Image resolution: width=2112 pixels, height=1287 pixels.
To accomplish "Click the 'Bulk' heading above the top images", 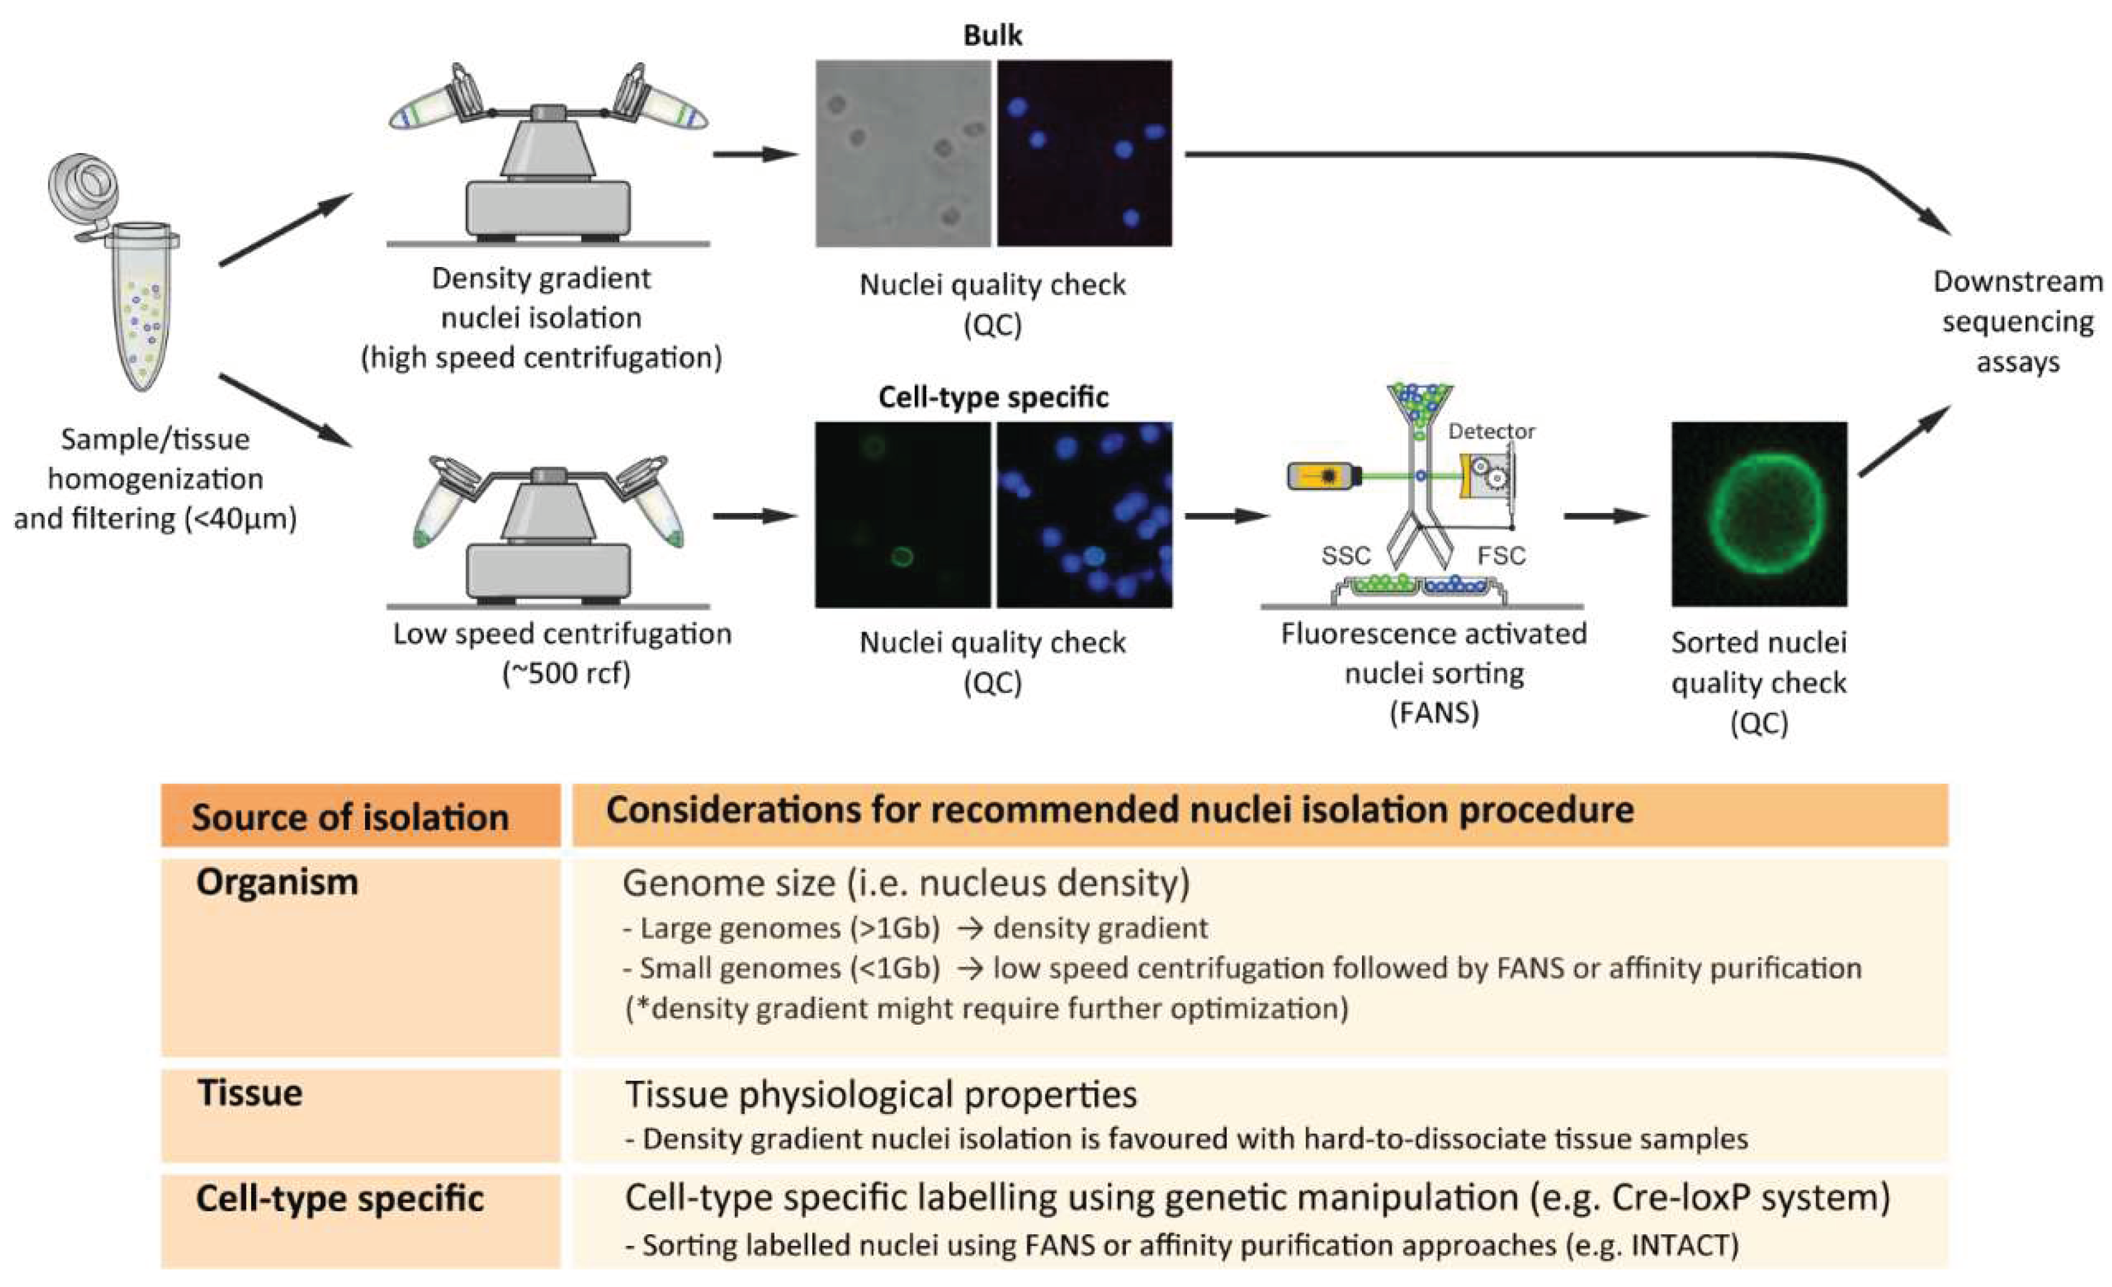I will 993,35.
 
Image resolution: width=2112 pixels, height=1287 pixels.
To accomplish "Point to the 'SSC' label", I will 1346,555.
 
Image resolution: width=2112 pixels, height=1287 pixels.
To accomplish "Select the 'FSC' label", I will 1501,555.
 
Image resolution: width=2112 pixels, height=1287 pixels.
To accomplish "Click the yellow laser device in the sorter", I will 1324,475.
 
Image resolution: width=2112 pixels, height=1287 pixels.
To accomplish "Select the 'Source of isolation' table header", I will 350,817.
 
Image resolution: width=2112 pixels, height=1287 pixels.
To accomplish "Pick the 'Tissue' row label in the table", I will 249,1093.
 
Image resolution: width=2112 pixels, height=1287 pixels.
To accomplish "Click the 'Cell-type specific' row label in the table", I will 340,1199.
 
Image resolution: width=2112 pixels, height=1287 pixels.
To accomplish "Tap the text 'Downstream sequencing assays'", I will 2017,322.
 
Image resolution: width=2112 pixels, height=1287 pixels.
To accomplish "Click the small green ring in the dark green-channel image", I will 900,557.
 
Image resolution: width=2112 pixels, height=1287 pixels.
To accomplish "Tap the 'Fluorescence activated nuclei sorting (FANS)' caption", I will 1433,673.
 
